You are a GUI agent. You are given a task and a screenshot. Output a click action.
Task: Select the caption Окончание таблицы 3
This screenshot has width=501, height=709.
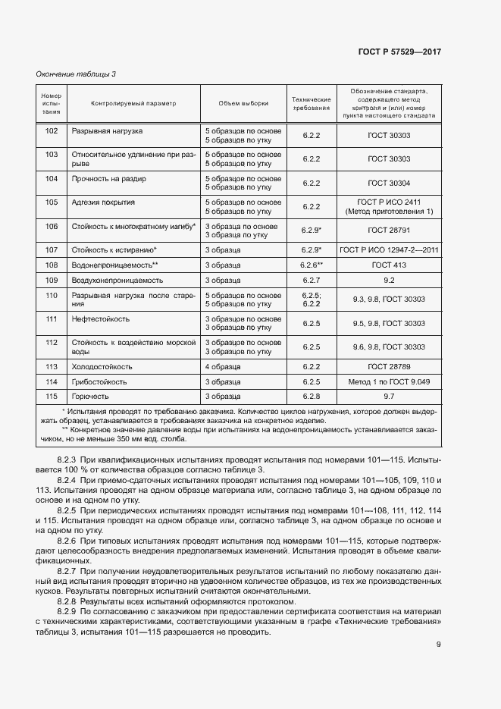[76, 74]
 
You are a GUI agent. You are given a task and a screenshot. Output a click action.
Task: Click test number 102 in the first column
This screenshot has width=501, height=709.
[52, 131]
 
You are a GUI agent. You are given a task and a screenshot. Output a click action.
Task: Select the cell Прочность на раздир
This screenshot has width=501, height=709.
[108, 179]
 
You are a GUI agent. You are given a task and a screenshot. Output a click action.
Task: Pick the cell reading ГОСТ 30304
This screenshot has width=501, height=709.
[389, 183]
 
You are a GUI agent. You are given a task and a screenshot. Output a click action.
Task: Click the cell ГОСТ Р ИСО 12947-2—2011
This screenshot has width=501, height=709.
[389, 249]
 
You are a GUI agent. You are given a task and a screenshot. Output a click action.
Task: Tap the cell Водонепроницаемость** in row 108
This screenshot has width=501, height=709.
[114, 265]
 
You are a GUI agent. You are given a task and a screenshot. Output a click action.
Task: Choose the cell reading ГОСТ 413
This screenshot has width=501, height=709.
[389, 265]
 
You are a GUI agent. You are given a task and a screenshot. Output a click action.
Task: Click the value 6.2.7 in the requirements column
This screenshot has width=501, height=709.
[312, 281]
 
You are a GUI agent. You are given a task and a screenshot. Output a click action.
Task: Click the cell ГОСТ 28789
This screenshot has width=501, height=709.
[389, 365]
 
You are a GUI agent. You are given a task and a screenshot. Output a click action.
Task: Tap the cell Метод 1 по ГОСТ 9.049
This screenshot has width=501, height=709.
[389, 381]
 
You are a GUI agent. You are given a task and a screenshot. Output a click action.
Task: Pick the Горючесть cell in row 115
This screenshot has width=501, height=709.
[90, 396]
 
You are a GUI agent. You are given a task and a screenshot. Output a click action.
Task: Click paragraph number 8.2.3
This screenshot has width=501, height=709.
[67, 460]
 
